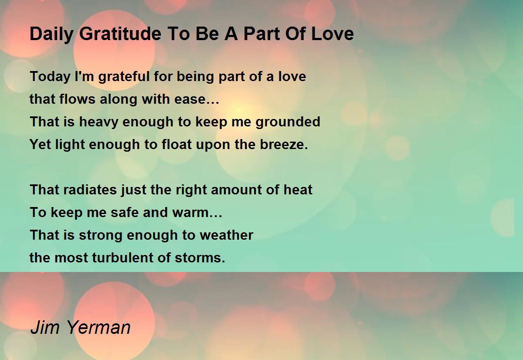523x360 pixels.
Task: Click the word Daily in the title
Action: (x=51, y=34)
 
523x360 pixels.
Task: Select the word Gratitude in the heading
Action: (x=120, y=34)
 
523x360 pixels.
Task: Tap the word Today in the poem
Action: (x=50, y=77)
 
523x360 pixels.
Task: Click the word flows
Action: (x=77, y=99)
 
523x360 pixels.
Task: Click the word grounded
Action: (x=288, y=122)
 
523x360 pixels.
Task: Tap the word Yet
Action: (x=40, y=144)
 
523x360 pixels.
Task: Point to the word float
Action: (x=177, y=144)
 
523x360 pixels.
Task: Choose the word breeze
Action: (x=284, y=144)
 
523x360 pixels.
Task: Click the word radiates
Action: (x=90, y=190)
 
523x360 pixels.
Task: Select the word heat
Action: (x=298, y=190)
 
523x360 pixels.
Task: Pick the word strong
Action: (x=101, y=235)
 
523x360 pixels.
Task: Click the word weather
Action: (x=227, y=235)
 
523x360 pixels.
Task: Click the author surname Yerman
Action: (x=99, y=327)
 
